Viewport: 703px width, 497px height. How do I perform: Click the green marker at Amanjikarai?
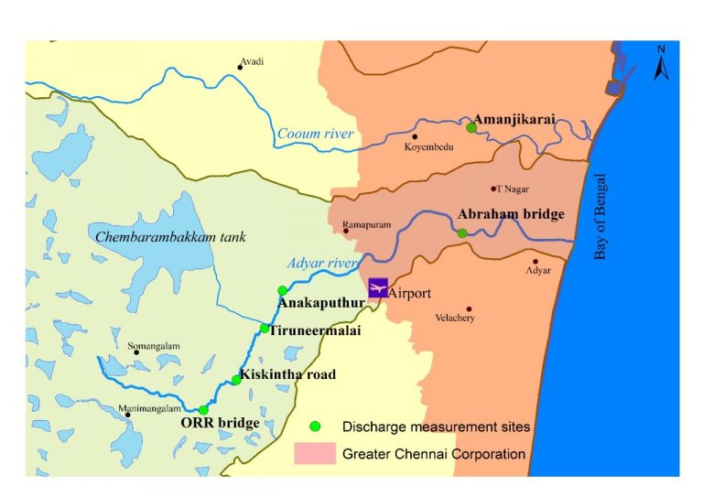(471, 127)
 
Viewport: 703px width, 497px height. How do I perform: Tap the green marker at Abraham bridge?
(462, 233)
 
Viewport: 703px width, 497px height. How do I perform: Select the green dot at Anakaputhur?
(282, 290)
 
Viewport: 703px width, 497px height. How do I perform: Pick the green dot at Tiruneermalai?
(264, 328)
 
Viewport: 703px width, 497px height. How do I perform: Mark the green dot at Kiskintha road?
(235, 380)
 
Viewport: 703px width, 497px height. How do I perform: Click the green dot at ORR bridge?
(203, 409)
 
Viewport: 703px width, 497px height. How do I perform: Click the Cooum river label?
(315, 135)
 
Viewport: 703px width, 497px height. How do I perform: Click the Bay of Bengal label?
(601, 216)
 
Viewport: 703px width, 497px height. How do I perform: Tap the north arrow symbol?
(661, 64)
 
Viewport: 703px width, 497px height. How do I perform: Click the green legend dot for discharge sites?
(315, 426)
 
